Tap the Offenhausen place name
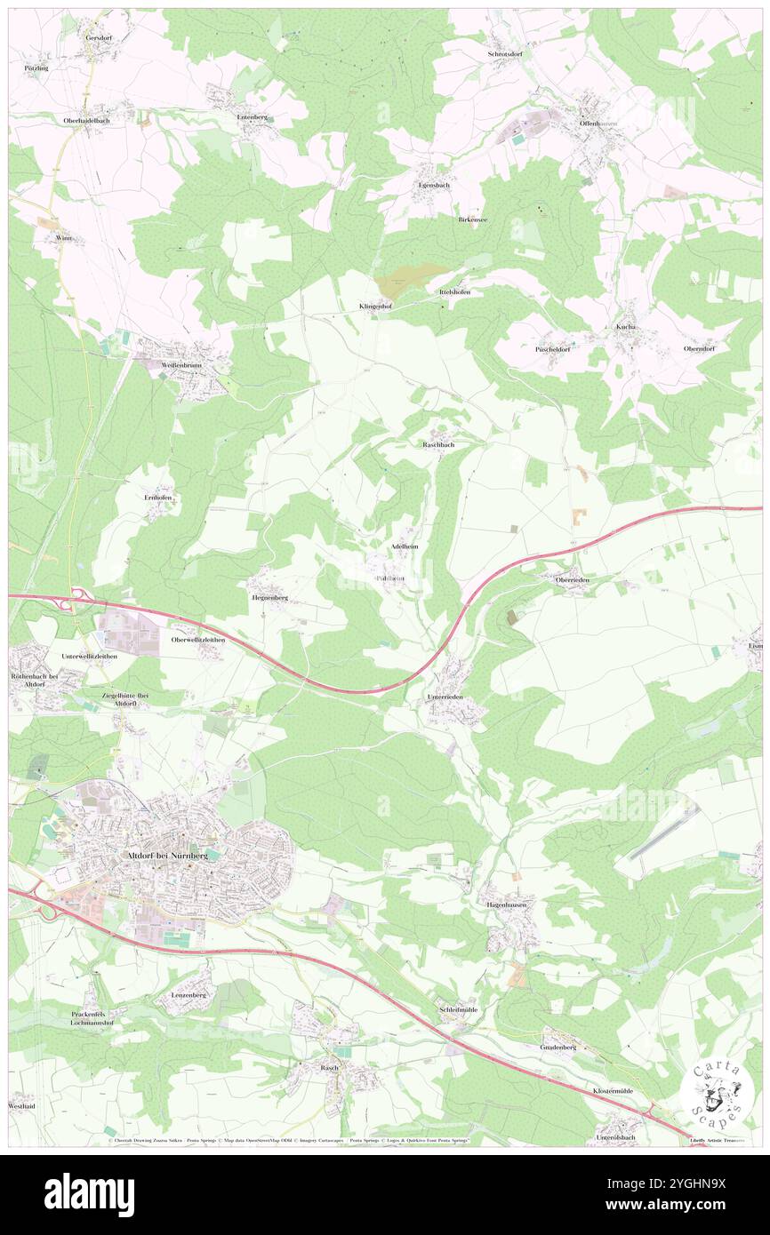(597, 123)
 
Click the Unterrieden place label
(445, 697)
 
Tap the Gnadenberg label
(557, 1047)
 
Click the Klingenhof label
(375, 307)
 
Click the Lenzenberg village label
(188, 995)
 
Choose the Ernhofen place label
(158, 498)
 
